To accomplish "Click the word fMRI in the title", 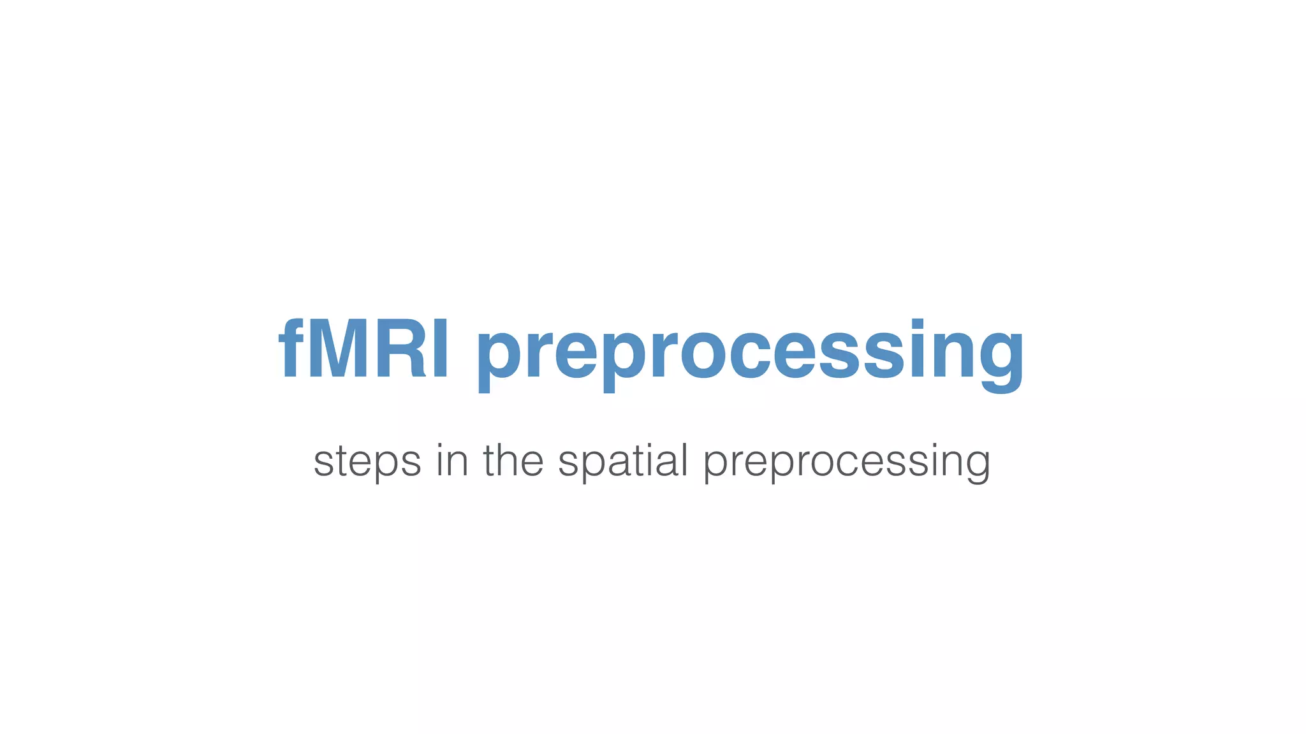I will coord(363,349).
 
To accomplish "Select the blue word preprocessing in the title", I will coord(750,354).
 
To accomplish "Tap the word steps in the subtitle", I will coord(367,461).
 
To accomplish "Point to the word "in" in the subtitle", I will coord(451,459).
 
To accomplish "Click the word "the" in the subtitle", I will coord(513,459).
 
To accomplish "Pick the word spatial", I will coord(623,461).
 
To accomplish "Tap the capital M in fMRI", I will coord(336,349).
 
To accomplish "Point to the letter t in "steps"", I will coord(339,460).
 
